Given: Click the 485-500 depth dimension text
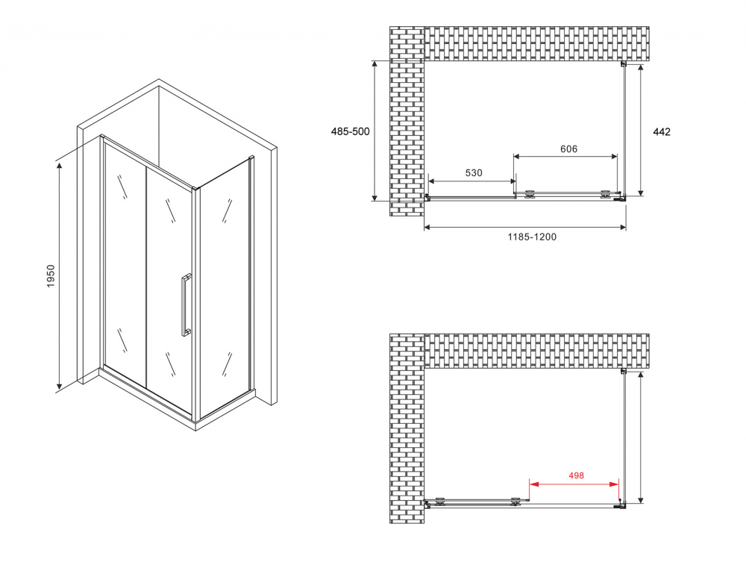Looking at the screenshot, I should (350, 131).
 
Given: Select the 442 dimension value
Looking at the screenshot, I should (662, 131).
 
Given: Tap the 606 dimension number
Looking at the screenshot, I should (568, 149).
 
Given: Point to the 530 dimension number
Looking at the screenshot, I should (474, 172).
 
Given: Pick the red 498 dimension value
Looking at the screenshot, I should (574, 475).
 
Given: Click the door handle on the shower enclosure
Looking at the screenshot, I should (184, 307).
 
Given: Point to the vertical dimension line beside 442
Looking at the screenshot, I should (641, 131).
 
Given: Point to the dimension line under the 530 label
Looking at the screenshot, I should (471, 181).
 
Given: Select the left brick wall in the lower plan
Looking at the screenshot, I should (407, 429).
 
